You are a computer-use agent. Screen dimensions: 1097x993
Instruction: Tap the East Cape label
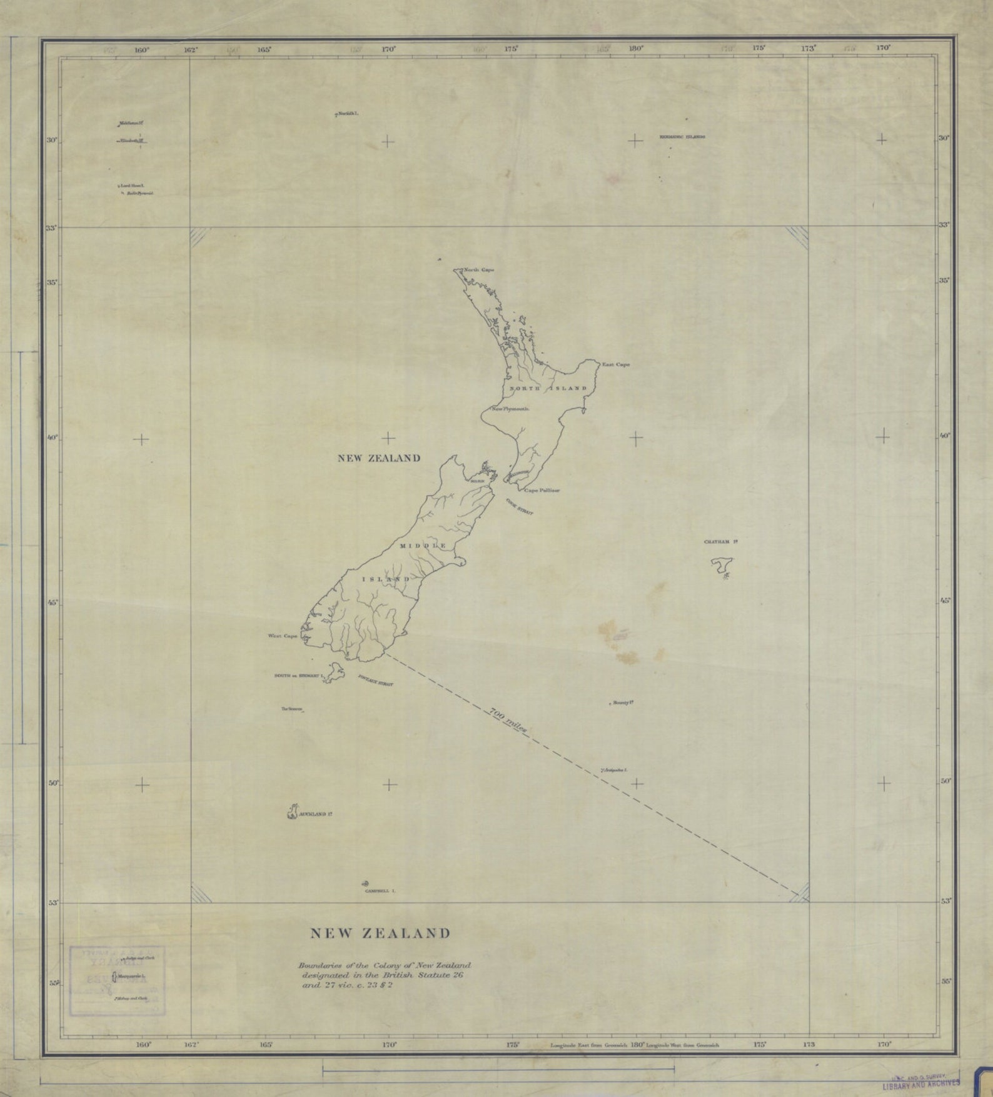pyautogui.click(x=615, y=364)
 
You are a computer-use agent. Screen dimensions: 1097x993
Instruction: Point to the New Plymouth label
pyautogui.click(x=511, y=409)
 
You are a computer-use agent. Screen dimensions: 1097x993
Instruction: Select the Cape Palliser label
pyautogui.click(x=542, y=491)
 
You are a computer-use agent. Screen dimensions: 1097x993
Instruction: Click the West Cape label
pyautogui.click(x=282, y=636)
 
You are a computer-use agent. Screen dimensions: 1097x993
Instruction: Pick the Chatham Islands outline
pyautogui.click(x=721, y=567)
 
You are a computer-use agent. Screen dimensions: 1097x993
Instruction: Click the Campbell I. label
pyautogui.click(x=380, y=891)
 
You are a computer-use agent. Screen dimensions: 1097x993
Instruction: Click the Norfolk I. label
pyautogui.click(x=348, y=114)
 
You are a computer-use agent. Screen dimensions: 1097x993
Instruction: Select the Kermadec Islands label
pyautogui.click(x=682, y=137)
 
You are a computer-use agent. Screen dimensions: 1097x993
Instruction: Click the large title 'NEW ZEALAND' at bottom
pyautogui.click(x=380, y=933)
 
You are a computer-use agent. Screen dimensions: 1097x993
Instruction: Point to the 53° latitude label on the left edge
pyautogui.click(x=52, y=902)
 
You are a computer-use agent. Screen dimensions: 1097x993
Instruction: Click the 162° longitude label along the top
pyautogui.click(x=191, y=49)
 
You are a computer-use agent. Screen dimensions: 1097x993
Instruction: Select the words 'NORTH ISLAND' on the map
pyautogui.click(x=548, y=388)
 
